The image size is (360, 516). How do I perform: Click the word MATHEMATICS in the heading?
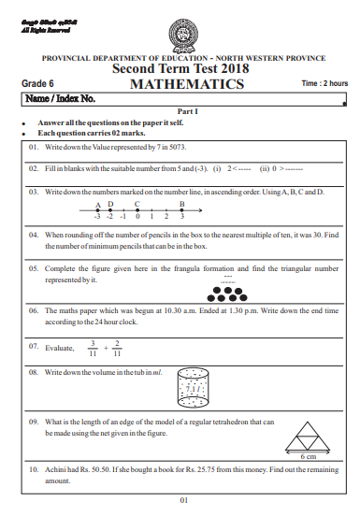point(187,84)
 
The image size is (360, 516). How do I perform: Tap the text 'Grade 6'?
point(38,84)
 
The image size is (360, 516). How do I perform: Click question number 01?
point(34,148)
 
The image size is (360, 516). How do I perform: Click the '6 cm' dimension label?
point(309,455)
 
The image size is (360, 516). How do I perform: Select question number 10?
point(34,470)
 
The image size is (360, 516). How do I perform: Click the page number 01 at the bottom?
point(184,500)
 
